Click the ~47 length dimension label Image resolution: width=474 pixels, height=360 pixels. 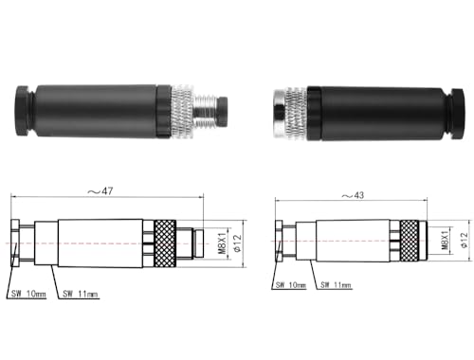(x=100, y=191)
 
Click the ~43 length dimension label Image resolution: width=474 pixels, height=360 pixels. (x=353, y=195)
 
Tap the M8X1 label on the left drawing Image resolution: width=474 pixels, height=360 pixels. (x=223, y=243)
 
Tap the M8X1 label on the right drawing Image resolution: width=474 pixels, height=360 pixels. (x=445, y=241)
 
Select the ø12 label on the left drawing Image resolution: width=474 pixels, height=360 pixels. (x=237, y=243)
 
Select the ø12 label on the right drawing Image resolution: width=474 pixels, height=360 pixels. (x=464, y=241)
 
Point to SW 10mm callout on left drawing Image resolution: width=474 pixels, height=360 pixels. (x=28, y=294)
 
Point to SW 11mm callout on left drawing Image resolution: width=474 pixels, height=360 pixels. (x=80, y=294)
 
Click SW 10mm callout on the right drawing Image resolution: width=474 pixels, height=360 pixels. (x=291, y=285)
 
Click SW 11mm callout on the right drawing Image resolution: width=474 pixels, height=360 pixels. (x=336, y=285)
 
